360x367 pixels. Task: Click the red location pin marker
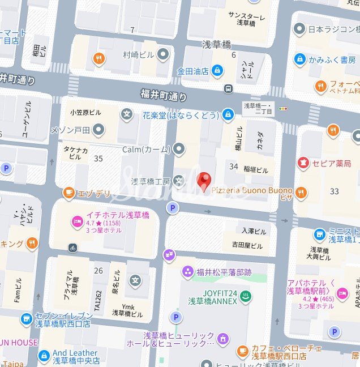coord(204,181)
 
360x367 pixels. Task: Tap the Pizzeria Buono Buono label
coord(252,191)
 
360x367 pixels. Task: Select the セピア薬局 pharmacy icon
coord(304,163)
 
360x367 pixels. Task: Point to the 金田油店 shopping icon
coord(217,71)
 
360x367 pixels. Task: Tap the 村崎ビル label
coord(138,55)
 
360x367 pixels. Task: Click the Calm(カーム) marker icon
coord(179,149)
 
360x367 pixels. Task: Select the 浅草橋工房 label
coord(151,182)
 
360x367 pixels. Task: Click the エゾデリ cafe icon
coord(69,193)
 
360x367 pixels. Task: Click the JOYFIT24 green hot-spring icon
coord(246,296)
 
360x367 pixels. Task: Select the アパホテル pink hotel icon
coord(342,292)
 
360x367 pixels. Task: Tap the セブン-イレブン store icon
coord(26,319)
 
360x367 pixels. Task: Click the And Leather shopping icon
coord(44,356)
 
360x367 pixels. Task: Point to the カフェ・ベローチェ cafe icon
coord(242,352)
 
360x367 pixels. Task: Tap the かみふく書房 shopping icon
coord(299,58)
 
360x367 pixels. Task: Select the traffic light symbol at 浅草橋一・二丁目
coord(283,108)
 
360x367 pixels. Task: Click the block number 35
coord(98,158)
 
